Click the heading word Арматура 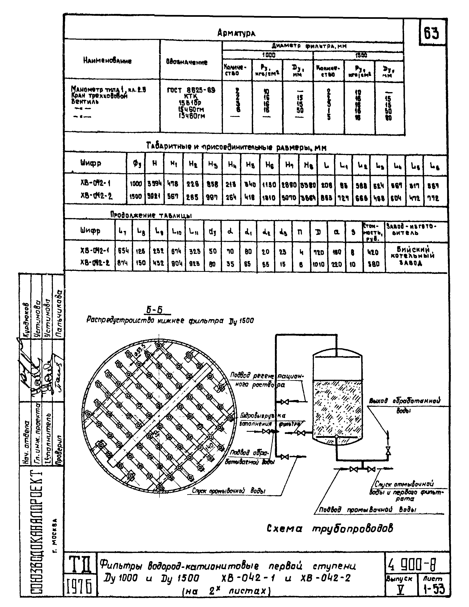tap(236, 33)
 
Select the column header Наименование tap(107, 61)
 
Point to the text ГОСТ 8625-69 tap(191, 90)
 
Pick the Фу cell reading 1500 tap(136, 197)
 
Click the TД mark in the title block tap(80, 564)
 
